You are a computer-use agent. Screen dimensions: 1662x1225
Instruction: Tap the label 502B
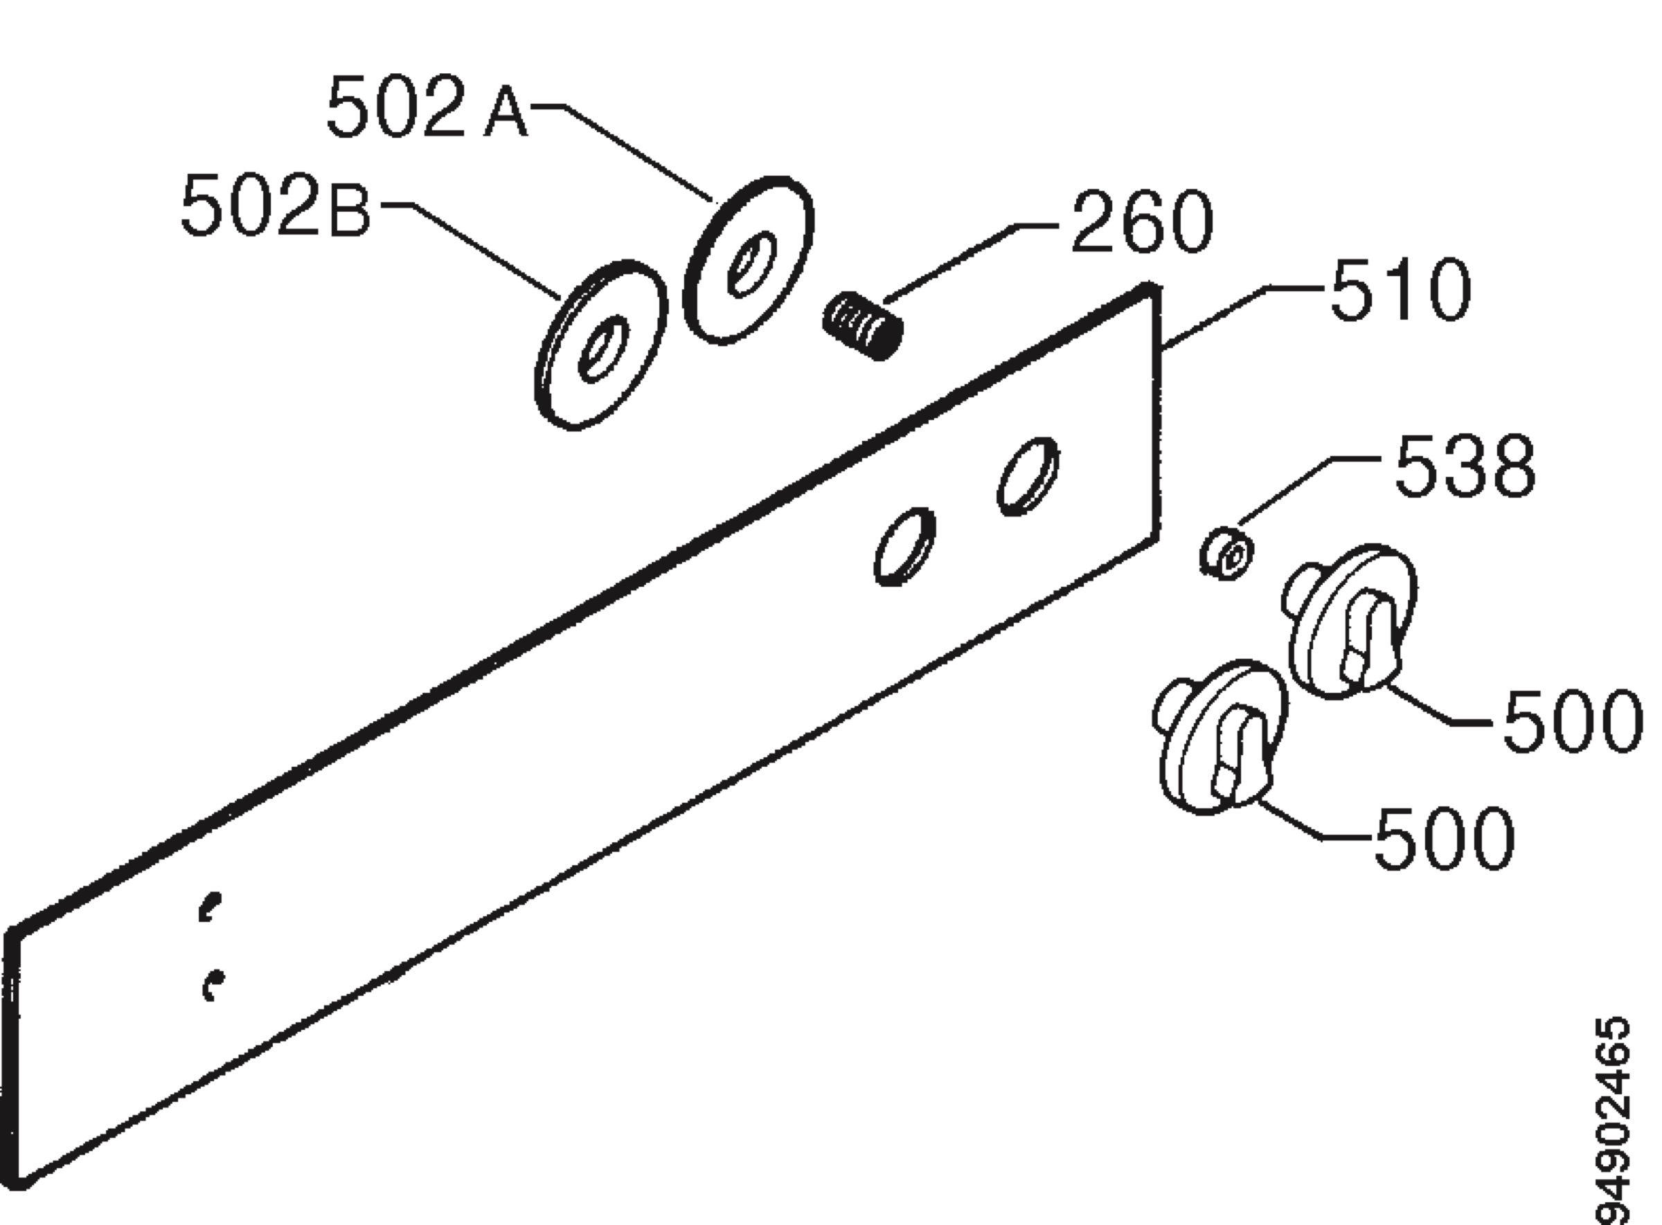point(276,205)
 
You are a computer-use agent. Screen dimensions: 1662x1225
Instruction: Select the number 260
point(1142,221)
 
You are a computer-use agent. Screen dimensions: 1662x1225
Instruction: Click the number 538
point(1465,465)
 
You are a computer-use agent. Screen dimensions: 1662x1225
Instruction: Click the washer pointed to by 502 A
point(748,260)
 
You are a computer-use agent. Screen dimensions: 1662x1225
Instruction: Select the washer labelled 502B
point(600,345)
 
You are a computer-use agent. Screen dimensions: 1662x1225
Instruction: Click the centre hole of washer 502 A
point(751,263)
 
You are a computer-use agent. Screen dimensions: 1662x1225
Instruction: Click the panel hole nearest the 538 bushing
point(1028,476)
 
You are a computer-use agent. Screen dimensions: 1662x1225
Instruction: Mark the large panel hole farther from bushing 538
point(905,547)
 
